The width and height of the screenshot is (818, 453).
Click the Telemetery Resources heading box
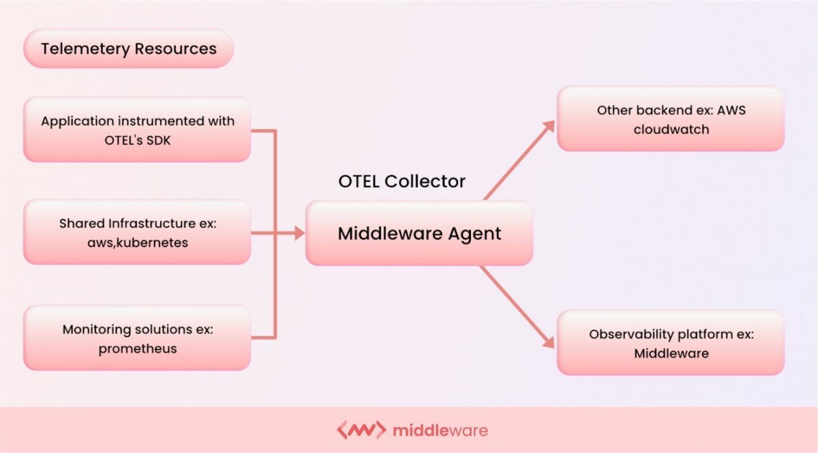[128, 49]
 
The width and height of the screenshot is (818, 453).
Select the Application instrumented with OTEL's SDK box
[137, 129]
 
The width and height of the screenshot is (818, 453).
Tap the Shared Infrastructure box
[137, 232]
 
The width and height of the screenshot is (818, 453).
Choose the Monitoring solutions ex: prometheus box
[137, 338]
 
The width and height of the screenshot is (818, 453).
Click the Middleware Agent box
[419, 234]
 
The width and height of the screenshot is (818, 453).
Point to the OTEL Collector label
[402, 181]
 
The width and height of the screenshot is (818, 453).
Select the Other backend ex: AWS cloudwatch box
[671, 119]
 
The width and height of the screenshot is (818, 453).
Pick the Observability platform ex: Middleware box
[671, 343]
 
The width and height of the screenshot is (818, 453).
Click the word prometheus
[138, 349]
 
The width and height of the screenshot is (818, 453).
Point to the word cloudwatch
[671, 129]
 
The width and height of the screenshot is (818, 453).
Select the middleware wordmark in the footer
[440, 431]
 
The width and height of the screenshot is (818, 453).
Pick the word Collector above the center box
[425, 181]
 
